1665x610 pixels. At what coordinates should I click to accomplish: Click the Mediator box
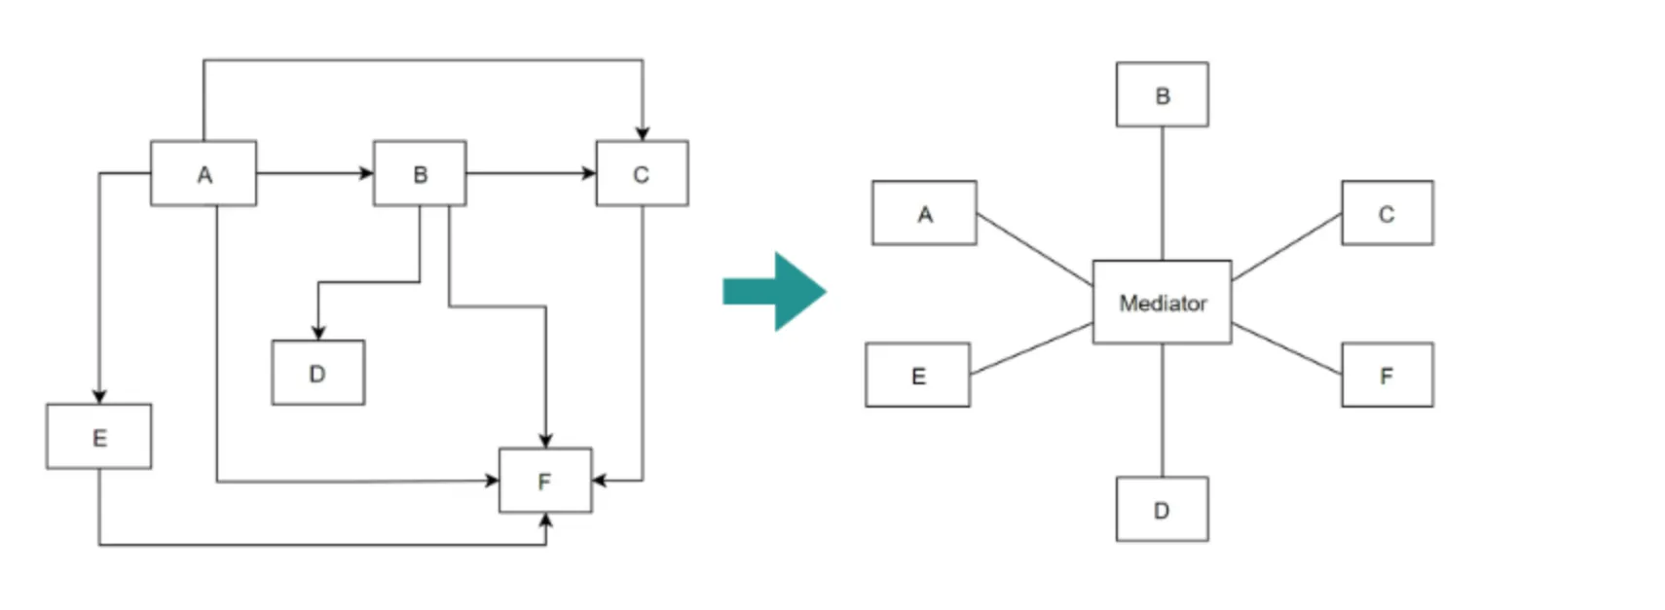click(x=1161, y=303)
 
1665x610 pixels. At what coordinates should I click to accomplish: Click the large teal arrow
click(x=775, y=291)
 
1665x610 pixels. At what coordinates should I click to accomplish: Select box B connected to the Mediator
click(x=1162, y=95)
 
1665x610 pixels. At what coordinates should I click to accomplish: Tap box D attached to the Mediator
click(x=1162, y=509)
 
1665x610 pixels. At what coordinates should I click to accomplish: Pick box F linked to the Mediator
click(x=1387, y=376)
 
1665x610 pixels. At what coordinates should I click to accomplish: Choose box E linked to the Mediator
click(x=917, y=376)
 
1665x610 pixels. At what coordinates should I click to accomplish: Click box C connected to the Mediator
click(x=1387, y=213)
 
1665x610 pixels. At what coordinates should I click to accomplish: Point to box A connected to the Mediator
click(x=924, y=213)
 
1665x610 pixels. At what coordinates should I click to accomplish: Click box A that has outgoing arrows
click(x=203, y=174)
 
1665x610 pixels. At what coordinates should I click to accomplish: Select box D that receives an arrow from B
click(x=317, y=373)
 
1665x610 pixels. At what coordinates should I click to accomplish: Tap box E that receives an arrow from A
click(x=98, y=437)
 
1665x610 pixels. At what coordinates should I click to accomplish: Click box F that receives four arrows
click(x=544, y=481)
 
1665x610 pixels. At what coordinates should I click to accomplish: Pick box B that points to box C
click(x=420, y=174)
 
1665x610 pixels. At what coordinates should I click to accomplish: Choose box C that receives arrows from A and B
click(x=642, y=174)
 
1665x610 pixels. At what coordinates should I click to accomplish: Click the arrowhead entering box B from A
click(x=367, y=173)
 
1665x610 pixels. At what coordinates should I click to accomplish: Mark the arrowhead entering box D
click(x=318, y=333)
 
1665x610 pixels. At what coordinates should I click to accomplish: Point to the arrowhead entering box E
click(x=99, y=397)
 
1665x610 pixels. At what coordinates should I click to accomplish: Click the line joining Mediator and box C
click(x=1286, y=247)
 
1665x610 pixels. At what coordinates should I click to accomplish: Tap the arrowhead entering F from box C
click(x=599, y=480)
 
